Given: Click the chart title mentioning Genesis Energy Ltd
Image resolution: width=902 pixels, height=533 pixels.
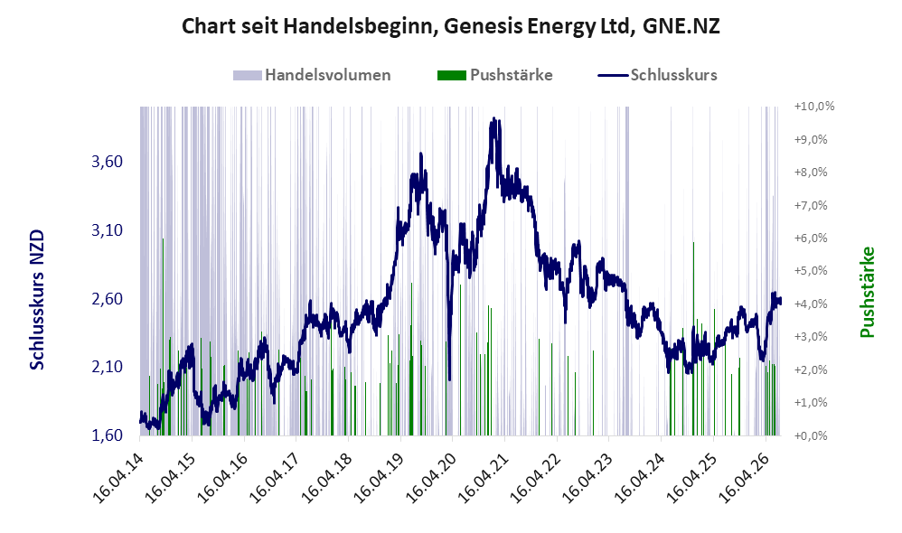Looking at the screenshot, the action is coord(450,26).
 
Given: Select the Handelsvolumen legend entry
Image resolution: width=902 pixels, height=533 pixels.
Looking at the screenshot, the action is coord(312,75).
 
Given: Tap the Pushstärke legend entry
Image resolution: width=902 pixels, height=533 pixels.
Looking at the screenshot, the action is coord(494,75).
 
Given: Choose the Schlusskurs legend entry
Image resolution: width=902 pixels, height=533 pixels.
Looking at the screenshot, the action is coord(657,75).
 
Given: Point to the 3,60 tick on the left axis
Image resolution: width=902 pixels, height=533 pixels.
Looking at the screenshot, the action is coord(107,162).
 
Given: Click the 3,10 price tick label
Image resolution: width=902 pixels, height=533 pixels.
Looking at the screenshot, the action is coord(107,230).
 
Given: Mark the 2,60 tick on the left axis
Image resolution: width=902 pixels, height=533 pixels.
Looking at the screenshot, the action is coord(107,298).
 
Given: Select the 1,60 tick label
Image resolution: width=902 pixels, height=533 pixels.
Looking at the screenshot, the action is coord(107,435).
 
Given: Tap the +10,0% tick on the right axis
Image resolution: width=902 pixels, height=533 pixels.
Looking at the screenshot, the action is coord(814,107).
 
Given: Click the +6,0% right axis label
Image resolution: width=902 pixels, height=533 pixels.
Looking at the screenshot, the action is coord(811,238).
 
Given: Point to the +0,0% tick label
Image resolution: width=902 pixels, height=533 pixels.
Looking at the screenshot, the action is coord(811,435).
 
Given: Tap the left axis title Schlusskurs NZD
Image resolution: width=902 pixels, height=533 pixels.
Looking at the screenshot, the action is coord(37,300).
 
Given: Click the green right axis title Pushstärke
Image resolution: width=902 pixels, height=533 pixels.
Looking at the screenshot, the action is coord(867,292).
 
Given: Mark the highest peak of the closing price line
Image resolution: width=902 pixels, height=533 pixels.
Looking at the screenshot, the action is coord(493,118).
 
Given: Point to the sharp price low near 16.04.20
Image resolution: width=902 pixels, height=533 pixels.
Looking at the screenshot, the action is coord(449,379).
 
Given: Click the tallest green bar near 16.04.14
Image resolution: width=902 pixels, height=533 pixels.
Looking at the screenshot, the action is coord(163,336).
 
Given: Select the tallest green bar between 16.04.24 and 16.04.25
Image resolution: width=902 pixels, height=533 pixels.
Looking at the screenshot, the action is coord(693,339).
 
